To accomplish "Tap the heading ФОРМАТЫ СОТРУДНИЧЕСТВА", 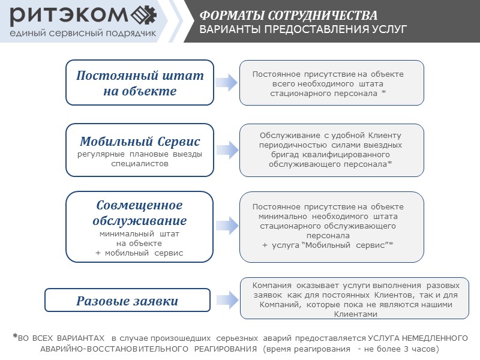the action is point(289,15).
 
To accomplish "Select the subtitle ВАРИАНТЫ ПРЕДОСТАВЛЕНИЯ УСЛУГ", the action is point(303,29).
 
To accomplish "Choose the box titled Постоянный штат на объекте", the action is point(140,83).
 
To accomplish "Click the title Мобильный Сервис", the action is point(140,142).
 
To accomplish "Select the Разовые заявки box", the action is point(127,301).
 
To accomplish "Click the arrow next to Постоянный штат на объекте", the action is point(227,83).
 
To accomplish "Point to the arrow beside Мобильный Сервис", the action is point(227,150).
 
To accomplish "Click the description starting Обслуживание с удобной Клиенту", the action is point(331,149).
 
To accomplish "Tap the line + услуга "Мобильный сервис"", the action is point(328,245).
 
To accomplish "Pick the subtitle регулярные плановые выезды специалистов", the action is point(140,158).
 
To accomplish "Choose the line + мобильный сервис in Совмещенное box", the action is point(140,253).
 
